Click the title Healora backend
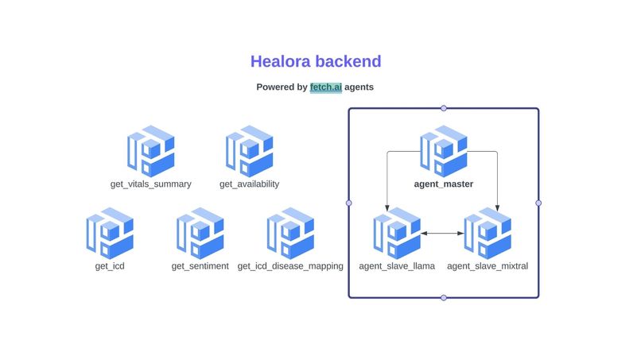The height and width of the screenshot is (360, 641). pyautogui.click(x=316, y=61)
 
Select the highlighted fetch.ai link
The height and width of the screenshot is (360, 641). pyautogui.click(x=326, y=87)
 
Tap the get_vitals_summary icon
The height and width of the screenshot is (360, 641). pyautogui.click(x=150, y=150)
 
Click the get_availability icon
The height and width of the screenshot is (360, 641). pyautogui.click(x=249, y=150)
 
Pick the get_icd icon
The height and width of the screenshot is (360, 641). pyautogui.click(x=110, y=232)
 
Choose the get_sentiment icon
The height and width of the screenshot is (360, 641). pyautogui.click(x=200, y=232)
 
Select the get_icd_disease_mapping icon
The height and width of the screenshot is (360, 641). pyautogui.click(x=290, y=232)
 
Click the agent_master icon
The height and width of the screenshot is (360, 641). pyautogui.click(x=443, y=150)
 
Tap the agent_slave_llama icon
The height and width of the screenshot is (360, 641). pyautogui.click(x=397, y=232)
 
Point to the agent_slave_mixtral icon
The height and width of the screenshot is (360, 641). pyautogui.click(x=488, y=232)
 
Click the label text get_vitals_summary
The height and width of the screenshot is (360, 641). pyautogui.click(x=150, y=184)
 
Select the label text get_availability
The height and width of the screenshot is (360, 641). pyautogui.click(x=249, y=184)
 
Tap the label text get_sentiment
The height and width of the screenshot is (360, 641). pyautogui.click(x=200, y=266)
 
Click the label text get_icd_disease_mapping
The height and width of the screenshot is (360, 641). pyautogui.click(x=290, y=266)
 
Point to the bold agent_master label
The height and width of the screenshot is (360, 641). pyautogui.click(x=443, y=184)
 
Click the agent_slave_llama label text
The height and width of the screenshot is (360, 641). pyautogui.click(x=397, y=266)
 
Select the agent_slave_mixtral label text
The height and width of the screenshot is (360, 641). pyautogui.click(x=488, y=266)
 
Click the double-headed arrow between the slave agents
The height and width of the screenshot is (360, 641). pyautogui.click(x=442, y=233)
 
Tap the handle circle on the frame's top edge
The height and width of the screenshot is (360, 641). pyautogui.click(x=444, y=108)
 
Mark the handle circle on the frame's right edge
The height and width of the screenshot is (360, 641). pyautogui.click(x=538, y=203)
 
